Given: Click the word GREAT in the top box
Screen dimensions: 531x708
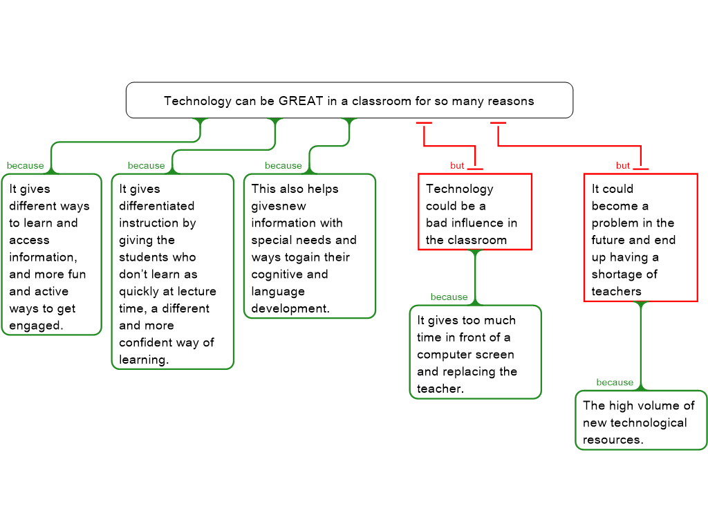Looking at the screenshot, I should tap(301, 101).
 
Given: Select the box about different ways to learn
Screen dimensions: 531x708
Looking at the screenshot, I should tap(51, 254).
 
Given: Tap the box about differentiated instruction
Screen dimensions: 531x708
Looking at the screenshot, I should tap(173, 271).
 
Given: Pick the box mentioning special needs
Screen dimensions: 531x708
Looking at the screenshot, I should tap(310, 245).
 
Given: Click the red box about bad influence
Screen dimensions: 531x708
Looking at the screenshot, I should tap(475, 212).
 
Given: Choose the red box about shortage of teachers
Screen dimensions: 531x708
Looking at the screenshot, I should tap(640, 237).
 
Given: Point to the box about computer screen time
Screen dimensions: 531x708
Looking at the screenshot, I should tap(475, 352).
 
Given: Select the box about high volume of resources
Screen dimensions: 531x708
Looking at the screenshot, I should tap(641, 420).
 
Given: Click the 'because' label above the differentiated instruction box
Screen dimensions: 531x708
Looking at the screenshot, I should tap(146, 166).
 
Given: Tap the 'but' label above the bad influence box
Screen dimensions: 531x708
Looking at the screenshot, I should tap(457, 166).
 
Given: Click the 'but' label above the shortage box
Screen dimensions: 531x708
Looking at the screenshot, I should tap(623, 166).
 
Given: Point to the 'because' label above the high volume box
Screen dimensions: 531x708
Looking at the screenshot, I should tap(615, 382).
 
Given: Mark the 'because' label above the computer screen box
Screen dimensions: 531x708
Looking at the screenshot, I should tap(449, 297).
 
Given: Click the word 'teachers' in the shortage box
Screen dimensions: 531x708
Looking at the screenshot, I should tap(617, 291).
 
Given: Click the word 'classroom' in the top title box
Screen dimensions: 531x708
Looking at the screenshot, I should tap(382, 101).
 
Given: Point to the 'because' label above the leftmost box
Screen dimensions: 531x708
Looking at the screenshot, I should tap(25, 166).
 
